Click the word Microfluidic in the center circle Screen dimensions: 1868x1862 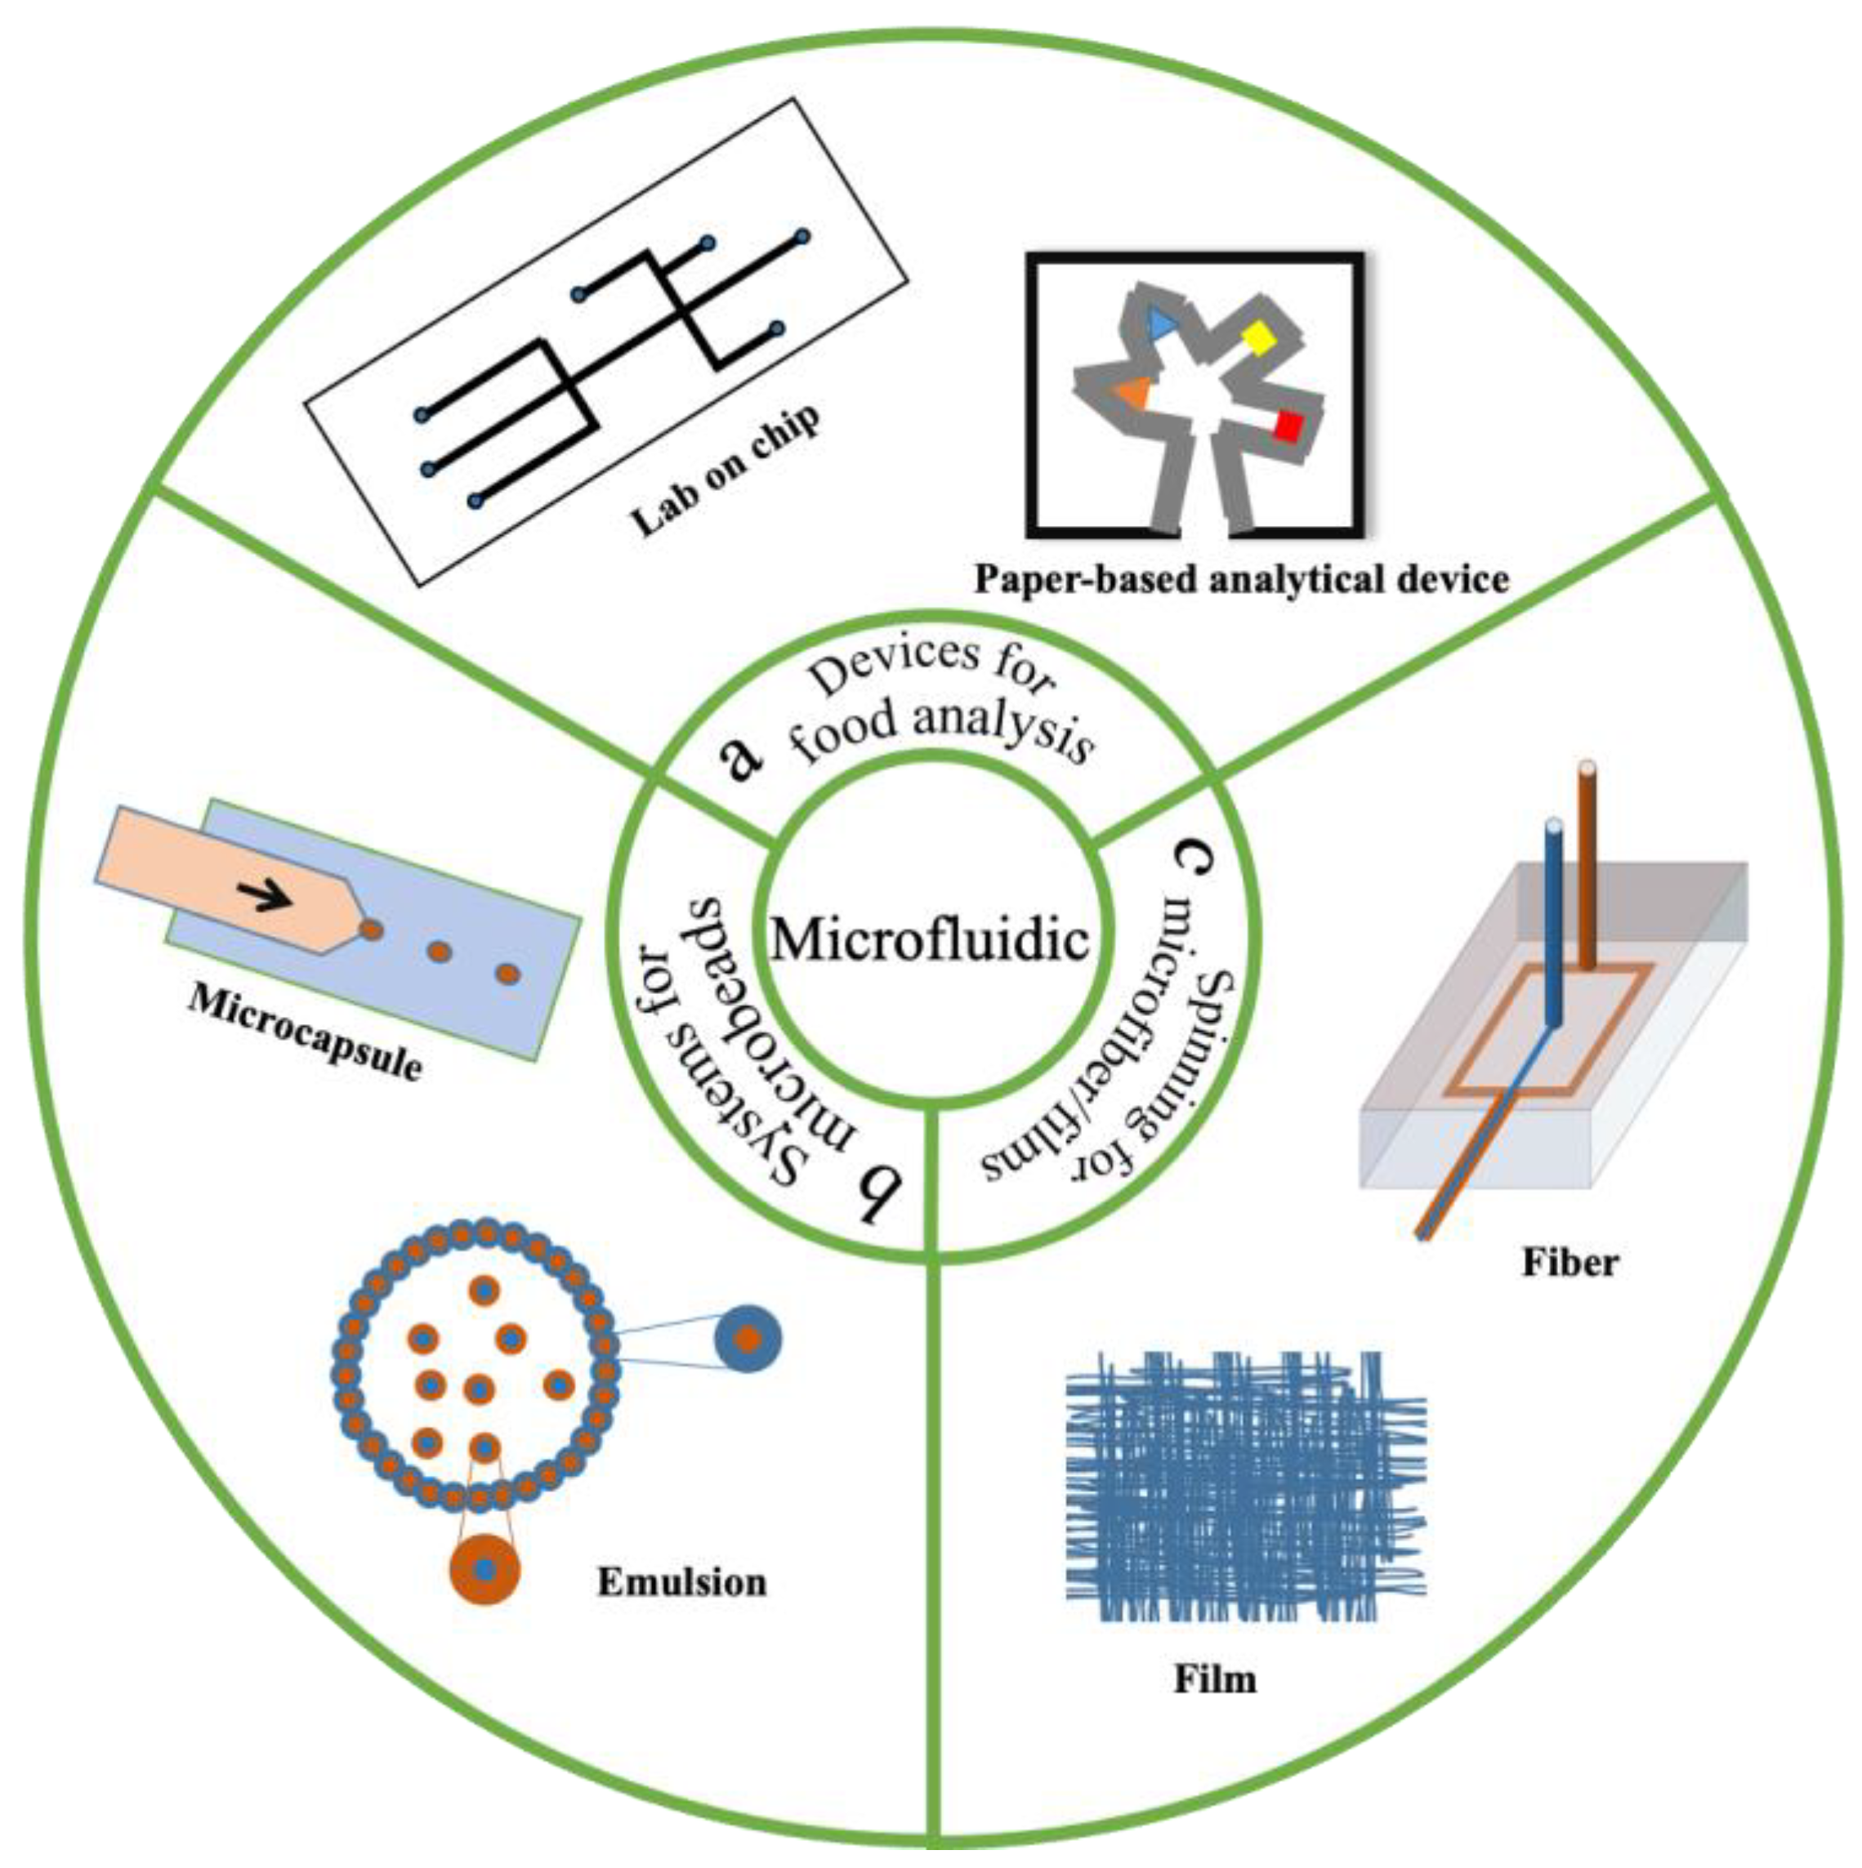[x=930, y=938]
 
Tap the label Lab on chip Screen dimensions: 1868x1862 [x=725, y=469]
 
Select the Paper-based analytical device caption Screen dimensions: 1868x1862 [x=1241, y=579]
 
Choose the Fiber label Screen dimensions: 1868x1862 [x=1570, y=1263]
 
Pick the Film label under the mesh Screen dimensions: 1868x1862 [x=1215, y=1679]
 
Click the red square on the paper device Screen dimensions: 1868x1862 [x=1288, y=426]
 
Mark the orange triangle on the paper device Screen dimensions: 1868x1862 [x=1132, y=391]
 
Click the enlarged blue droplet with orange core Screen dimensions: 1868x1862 [x=747, y=1339]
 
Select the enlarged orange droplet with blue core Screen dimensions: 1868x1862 [x=484, y=1569]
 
